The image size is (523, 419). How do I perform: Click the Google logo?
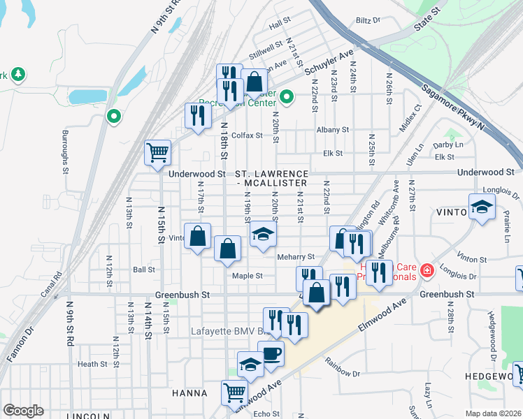tap(23, 411)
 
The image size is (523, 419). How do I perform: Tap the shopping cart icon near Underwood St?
tap(158, 152)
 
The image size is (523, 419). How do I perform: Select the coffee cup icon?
tap(271, 353)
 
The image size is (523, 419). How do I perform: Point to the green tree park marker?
tap(17, 74)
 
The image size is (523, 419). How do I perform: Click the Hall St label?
tap(280, 23)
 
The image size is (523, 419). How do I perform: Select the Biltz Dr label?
tap(367, 21)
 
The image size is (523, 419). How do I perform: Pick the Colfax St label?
tap(246, 135)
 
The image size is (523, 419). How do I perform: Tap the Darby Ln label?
tap(448, 145)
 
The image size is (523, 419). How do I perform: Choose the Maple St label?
tap(248, 276)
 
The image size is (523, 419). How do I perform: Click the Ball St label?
tap(143, 269)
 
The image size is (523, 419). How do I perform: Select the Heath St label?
tap(92, 364)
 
